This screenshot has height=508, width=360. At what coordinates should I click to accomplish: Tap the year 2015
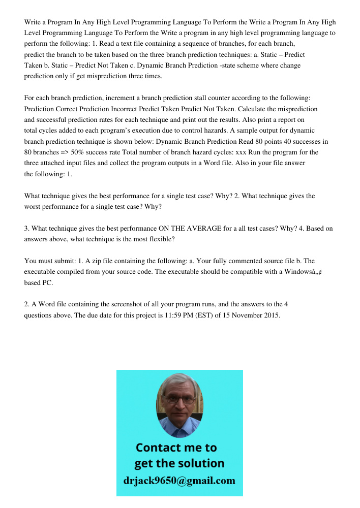point(269,315)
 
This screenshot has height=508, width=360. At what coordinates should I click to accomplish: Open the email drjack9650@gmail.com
point(179,480)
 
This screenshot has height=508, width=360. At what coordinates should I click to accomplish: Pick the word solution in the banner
point(199,463)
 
